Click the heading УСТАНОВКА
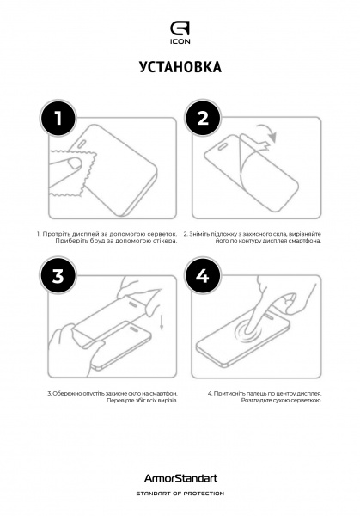pyautogui.click(x=180, y=68)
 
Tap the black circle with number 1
pyautogui.click(x=58, y=121)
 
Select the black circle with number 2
pyautogui.click(x=203, y=121)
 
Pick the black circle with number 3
pyautogui.click(x=58, y=276)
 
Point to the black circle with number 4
pyautogui.click(x=203, y=276)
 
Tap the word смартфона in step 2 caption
pyautogui.click(x=308, y=242)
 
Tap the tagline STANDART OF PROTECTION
pyautogui.click(x=180, y=494)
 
